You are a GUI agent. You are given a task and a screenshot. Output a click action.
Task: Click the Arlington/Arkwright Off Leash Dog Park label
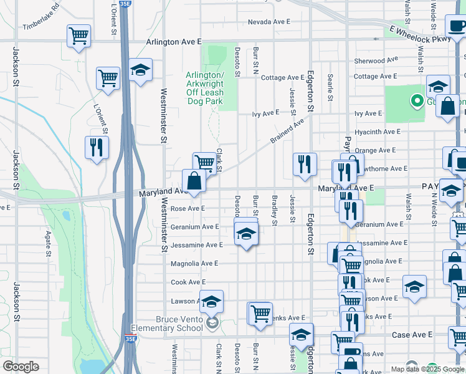tap(204, 88)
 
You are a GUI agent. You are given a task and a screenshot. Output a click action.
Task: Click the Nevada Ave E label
tap(269, 22)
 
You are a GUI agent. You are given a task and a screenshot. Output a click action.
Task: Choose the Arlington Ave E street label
tap(174, 42)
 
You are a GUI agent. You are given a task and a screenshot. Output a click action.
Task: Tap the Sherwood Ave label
tap(376, 61)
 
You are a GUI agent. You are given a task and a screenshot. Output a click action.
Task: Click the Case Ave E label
tap(412, 335)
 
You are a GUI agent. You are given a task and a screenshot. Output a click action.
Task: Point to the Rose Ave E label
tap(188, 209)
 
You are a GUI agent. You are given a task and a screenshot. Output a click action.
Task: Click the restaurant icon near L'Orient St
tap(97, 148)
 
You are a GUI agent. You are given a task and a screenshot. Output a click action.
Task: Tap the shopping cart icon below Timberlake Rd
tap(78, 36)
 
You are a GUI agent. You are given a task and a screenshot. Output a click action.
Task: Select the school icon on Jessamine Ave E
tap(246, 234)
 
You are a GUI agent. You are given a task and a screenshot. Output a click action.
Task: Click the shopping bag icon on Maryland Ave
tap(194, 181)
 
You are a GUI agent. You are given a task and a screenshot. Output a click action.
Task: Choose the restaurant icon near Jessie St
tap(305, 165)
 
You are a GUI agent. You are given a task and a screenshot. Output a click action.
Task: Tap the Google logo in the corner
tap(21, 367)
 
